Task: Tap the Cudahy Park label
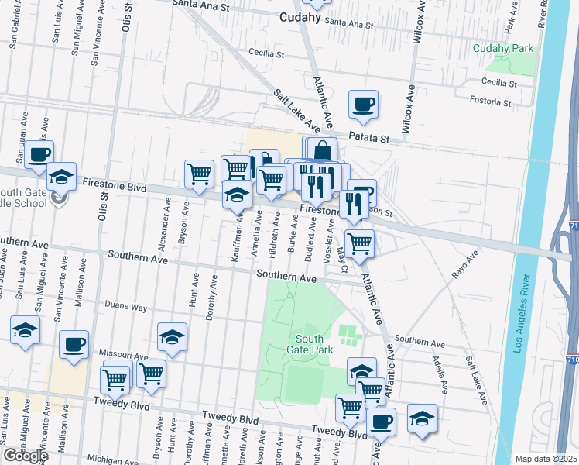(x=504, y=49)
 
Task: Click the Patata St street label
(x=368, y=137)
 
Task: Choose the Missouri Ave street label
(x=127, y=357)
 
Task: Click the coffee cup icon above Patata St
(x=363, y=105)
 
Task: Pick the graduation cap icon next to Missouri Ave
(x=172, y=336)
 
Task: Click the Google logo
(x=25, y=456)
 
